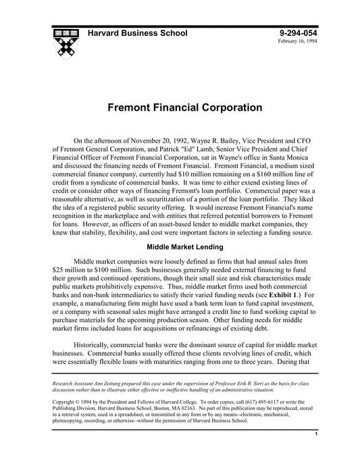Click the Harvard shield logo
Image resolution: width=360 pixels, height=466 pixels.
66,42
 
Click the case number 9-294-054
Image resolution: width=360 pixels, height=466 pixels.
297,33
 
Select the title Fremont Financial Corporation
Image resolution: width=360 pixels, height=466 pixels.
180,107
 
